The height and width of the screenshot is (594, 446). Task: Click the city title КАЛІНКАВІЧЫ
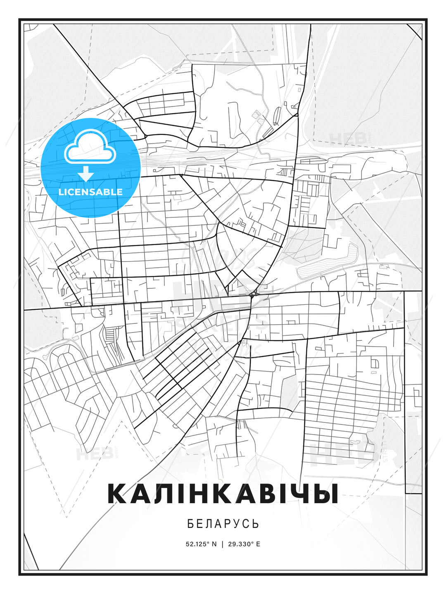[223, 494]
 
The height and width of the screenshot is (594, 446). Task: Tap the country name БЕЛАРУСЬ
[223, 524]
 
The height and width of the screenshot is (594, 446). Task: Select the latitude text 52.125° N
[201, 544]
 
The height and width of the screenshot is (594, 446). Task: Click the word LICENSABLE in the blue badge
[90, 192]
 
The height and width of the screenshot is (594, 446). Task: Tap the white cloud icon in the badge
[89, 147]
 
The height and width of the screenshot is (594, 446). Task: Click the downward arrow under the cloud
[86, 174]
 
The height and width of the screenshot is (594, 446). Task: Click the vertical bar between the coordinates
[223, 544]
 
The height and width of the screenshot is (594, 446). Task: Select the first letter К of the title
[117, 494]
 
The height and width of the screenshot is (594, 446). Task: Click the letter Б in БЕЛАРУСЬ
[190, 524]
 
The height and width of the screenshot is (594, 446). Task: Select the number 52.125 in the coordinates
[196, 544]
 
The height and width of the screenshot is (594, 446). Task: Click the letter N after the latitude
[214, 544]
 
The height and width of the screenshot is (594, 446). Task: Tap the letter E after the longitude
[258, 544]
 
